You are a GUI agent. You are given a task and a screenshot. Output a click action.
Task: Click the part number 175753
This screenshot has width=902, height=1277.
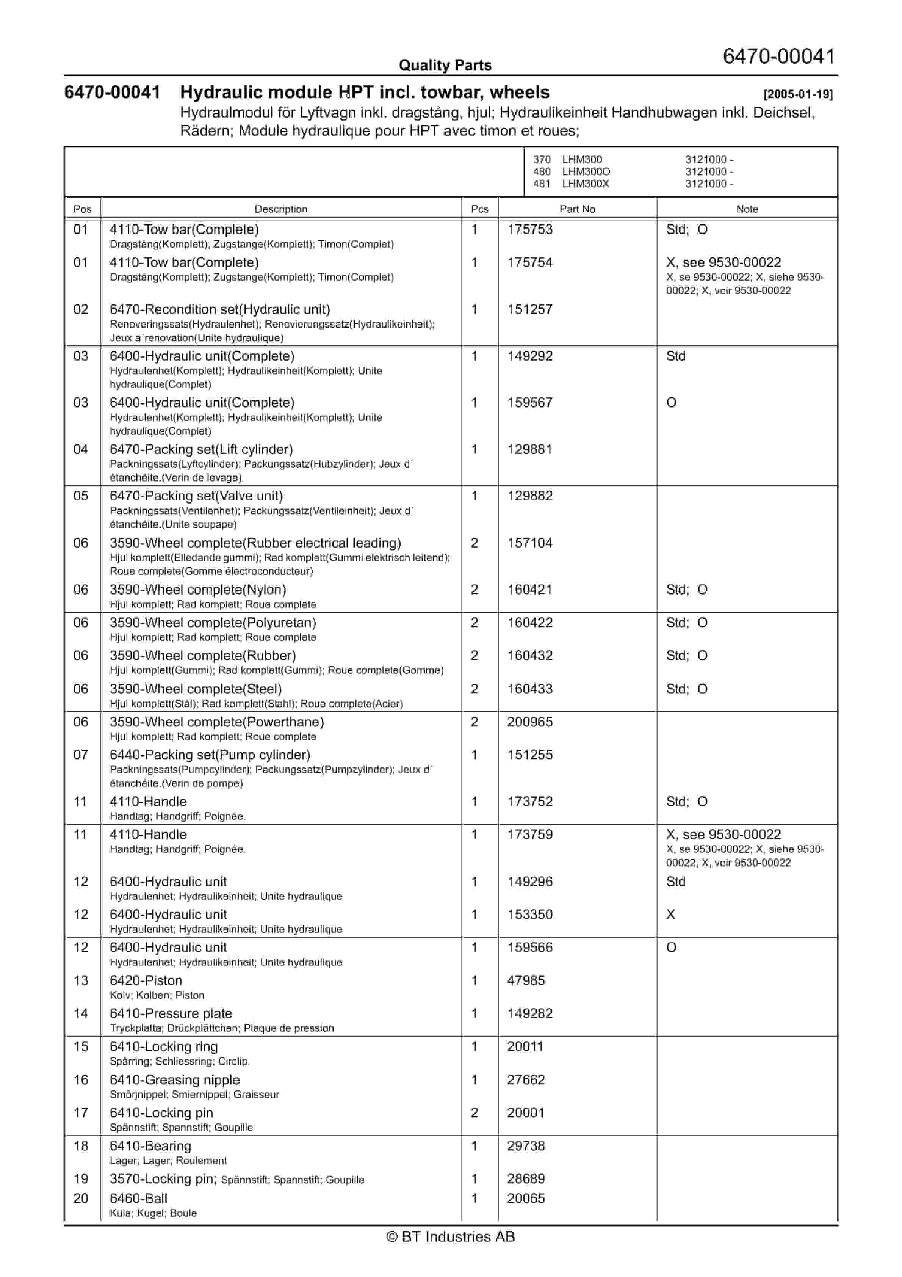529,230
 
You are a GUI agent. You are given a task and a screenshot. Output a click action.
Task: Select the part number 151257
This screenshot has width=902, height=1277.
529,310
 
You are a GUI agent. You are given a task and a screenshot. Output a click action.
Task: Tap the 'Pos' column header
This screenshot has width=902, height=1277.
82,209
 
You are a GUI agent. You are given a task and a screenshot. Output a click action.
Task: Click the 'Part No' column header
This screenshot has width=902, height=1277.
577,209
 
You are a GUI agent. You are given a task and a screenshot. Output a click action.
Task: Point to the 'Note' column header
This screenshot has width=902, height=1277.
747,209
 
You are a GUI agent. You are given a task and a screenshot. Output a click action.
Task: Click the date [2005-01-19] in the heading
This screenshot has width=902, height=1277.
797,94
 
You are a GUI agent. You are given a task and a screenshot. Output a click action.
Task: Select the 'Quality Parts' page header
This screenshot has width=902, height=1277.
445,65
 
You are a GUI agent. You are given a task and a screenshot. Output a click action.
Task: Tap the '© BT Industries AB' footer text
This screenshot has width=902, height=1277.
451,1236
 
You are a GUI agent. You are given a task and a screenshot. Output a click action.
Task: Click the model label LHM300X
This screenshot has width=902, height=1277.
586,184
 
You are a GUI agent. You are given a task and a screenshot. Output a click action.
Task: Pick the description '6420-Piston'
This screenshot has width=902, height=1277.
146,980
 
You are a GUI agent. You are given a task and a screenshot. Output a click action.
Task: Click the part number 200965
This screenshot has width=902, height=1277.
529,722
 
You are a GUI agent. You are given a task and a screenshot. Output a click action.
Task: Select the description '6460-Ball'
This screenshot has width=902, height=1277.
138,1199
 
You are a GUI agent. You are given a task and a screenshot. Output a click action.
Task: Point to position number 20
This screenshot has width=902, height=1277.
81,1199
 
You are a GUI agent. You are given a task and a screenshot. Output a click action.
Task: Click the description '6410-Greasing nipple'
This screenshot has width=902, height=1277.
175,1080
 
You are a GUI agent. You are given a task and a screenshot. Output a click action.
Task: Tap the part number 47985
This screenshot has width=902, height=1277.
526,980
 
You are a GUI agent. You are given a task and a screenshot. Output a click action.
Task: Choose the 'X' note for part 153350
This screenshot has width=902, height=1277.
671,915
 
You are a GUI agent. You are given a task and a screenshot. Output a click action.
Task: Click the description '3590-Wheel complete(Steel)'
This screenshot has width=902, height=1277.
196,689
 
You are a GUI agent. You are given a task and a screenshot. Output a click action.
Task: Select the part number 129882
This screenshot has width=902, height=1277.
529,496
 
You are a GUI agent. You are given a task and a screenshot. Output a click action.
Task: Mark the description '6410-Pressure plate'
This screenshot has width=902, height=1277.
171,1014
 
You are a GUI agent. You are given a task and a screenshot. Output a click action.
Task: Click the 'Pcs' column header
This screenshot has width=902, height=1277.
479,209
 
